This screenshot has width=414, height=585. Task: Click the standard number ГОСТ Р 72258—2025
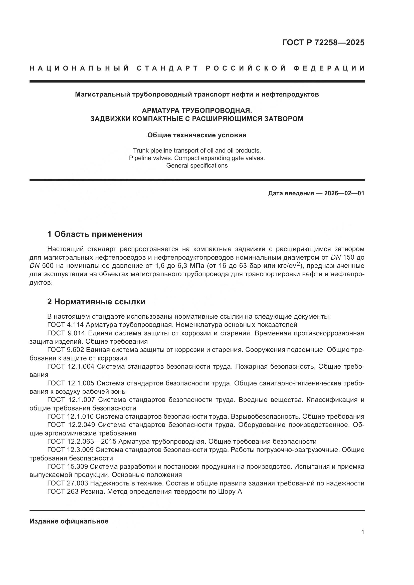tap(323, 43)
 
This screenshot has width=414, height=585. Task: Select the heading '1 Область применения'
tap(95, 234)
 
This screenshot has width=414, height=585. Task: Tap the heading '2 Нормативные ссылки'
tap(96, 302)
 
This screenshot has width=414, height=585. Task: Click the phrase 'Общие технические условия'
tap(197, 135)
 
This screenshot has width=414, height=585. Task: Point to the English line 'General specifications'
tap(197, 166)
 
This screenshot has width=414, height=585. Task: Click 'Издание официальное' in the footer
tap(69, 521)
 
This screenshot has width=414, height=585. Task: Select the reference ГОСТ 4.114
tap(66, 325)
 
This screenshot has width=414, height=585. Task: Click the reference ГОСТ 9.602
tap(66, 350)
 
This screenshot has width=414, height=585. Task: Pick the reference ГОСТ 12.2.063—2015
tap(82, 441)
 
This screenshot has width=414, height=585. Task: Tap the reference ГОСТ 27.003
tap(68, 483)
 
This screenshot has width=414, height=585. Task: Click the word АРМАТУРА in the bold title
tap(161, 111)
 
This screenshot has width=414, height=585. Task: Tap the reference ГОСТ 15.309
tap(68, 466)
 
